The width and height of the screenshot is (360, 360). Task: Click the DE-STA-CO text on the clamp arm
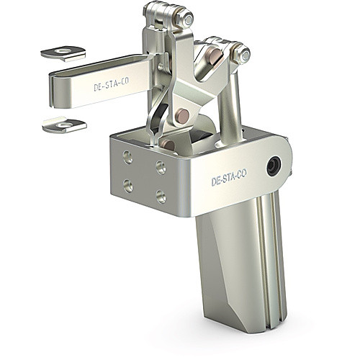point(112,84)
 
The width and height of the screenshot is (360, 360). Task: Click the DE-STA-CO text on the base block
point(229,177)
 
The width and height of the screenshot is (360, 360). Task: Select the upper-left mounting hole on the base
point(128,158)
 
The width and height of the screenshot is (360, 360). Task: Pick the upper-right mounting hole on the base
point(161,167)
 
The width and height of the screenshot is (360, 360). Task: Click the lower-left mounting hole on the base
point(128,186)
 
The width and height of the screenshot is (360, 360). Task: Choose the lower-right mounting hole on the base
point(161,197)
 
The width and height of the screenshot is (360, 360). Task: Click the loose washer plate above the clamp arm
point(63,53)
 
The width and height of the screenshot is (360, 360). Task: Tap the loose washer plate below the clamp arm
point(64,125)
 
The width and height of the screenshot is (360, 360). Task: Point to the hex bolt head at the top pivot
point(188,19)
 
